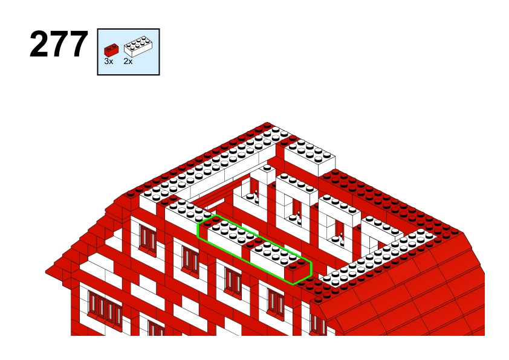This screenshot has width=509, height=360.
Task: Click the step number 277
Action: (x=59, y=45)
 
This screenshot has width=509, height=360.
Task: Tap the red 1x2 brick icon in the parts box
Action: (x=111, y=50)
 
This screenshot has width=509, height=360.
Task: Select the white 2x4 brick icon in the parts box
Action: (x=138, y=47)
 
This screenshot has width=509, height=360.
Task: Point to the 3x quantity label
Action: (x=109, y=61)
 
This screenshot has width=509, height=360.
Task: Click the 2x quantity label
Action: (x=128, y=61)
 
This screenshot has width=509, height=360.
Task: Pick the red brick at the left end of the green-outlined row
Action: (x=208, y=227)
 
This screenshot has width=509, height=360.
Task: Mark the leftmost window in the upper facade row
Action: (x=148, y=239)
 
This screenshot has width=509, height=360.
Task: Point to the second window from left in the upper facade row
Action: (x=190, y=259)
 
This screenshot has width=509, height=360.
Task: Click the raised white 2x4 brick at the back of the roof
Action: (x=310, y=157)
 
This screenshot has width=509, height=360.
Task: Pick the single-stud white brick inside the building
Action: (x=267, y=175)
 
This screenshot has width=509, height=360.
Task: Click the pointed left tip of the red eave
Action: (x=47, y=271)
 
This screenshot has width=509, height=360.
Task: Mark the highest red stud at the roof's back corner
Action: (x=267, y=125)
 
